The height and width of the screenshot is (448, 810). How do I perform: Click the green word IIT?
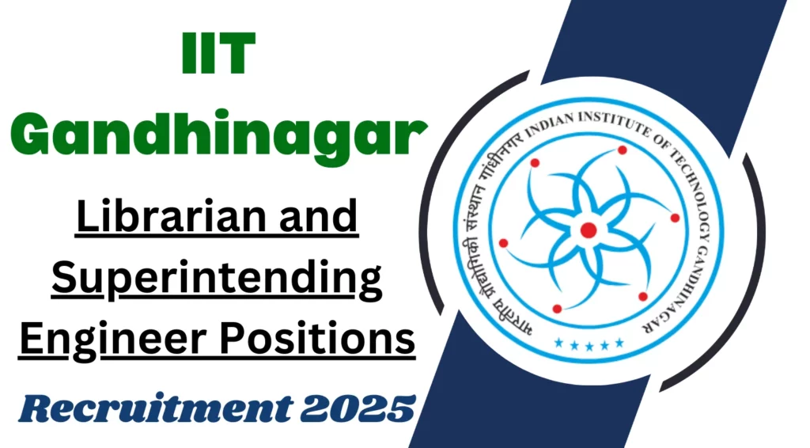pos(218,54)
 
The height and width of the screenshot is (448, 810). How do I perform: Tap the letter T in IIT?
pos(236,54)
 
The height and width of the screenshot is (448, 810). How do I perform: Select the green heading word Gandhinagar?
pos(219,135)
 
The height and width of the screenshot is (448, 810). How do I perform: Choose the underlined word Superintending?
pos(217,279)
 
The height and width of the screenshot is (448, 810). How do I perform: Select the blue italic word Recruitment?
pos(156,408)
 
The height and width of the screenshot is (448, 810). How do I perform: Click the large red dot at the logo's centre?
pos(589,230)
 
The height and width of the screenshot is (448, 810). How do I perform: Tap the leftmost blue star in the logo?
pos(558,343)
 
